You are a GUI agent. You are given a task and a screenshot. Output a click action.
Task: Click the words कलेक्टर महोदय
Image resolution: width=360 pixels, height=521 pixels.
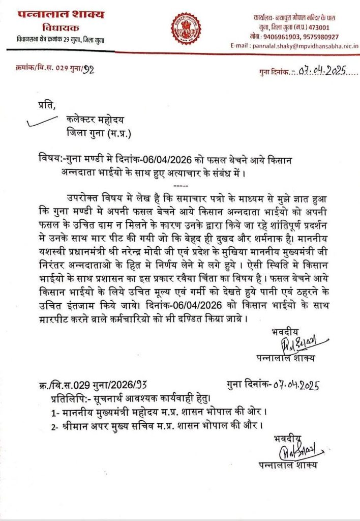click(x=95, y=120)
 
